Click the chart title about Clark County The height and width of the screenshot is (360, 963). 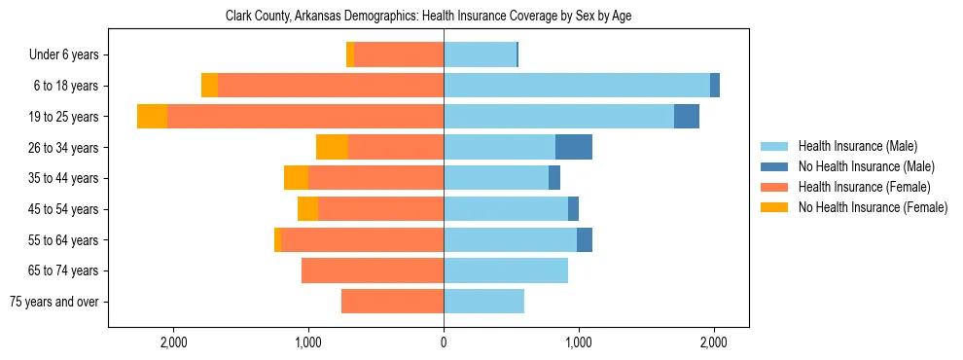click(x=428, y=17)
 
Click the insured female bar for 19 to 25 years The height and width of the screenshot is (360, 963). click(x=305, y=117)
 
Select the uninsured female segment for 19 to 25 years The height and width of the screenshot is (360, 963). click(x=152, y=117)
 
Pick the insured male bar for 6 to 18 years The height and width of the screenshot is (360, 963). click(x=577, y=86)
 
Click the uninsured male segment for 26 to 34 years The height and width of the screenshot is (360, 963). click(x=574, y=147)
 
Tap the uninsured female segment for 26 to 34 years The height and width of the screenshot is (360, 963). click(x=332, y=147)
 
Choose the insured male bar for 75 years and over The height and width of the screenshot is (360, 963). click(x=484, y=302)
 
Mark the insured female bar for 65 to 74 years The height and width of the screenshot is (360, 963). click(x=373, y=270)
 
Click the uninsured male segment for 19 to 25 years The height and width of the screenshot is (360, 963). click(x=687, y=117)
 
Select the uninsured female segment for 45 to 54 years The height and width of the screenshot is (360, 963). click(x=307, y=209)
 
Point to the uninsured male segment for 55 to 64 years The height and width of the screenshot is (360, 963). click(x=585, y=240)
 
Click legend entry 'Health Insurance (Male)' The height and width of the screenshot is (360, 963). click(x=857, y=146)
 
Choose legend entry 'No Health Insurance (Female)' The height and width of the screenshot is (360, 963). click(x=872, y=207)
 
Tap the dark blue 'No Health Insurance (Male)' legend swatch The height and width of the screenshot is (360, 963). click(x=775, y=166)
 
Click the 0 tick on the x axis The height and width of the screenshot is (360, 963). click(x=444, y=342)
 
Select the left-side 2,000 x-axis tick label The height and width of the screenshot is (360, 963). click(x=173, y=342)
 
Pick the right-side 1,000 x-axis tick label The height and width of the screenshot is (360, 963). click(x=579, y=342)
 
